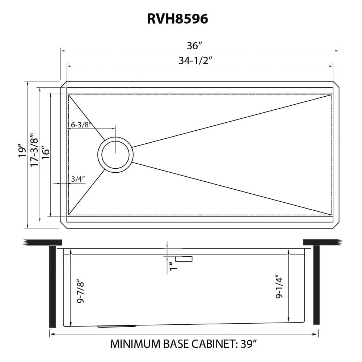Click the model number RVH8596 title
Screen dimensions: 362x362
point(177,19)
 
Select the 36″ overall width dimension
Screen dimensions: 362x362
point(194,46)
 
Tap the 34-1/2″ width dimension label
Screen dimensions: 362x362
point(195,61)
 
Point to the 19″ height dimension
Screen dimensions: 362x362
point(22,151)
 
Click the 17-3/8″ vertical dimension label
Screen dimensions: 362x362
point(34,149)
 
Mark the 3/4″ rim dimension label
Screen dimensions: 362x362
point(78,178)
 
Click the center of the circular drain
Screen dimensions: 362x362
point(115,155)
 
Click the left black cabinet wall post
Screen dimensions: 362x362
point(52,286)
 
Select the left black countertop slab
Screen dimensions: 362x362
point(43,242)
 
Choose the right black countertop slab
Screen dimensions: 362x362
point(320,242)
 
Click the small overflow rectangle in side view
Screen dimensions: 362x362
point(184,258)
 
